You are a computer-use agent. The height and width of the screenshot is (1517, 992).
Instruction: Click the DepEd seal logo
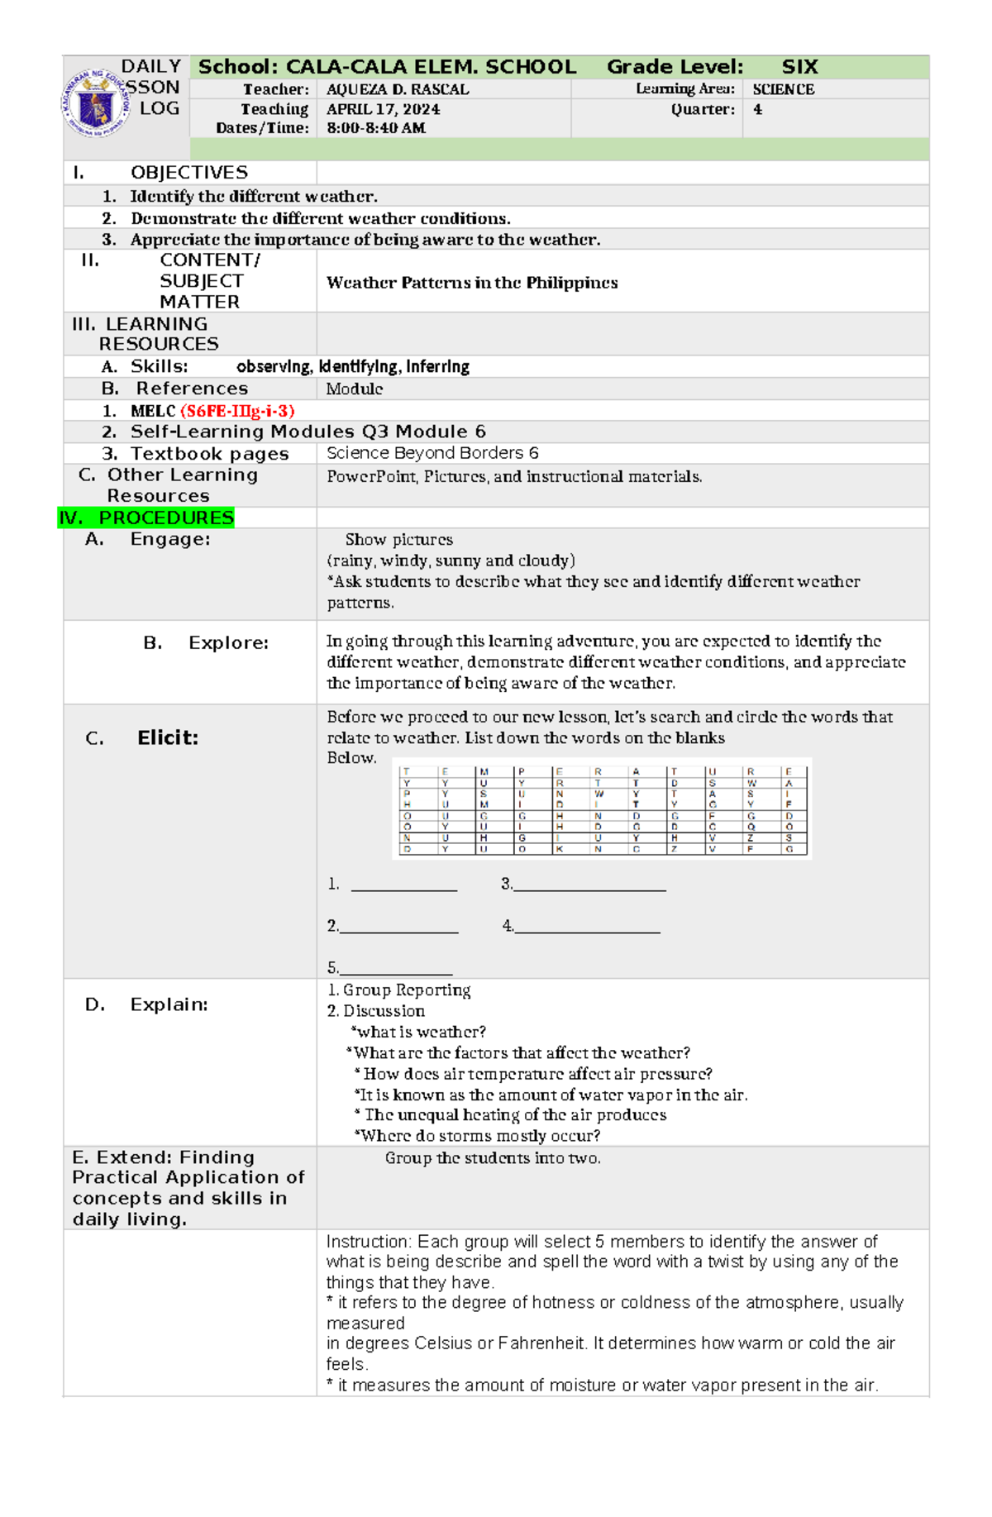(96, 103)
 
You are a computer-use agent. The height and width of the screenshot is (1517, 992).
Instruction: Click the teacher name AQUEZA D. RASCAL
(398, 89)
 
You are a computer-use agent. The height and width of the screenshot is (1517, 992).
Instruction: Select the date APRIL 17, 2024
(383, 109)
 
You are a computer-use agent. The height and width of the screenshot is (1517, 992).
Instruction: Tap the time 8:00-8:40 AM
(376, 128)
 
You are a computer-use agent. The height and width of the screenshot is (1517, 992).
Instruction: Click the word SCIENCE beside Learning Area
(783, 89)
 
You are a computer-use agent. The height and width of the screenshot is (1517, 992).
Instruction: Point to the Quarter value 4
(757, 109)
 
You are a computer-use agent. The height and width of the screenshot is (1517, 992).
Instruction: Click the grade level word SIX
(799, 67)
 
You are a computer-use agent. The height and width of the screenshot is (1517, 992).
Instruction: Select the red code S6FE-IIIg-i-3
(237, 411)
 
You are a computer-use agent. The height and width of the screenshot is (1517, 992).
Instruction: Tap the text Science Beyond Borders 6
(432, 453)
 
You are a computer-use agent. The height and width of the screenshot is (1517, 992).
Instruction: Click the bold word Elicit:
(168, 737)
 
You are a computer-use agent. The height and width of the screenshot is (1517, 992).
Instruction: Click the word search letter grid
(602, 809)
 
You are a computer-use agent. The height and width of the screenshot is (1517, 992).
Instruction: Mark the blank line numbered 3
(589, 887)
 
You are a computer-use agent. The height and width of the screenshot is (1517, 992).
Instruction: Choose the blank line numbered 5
(395, 971)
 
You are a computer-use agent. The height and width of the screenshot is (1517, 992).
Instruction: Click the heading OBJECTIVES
(188, 172)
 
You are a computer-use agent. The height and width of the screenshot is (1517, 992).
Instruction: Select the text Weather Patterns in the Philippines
(472, 283)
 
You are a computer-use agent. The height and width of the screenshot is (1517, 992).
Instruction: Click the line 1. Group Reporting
(399, 990)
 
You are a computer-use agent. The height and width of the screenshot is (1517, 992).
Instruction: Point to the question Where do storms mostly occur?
(477, 1136)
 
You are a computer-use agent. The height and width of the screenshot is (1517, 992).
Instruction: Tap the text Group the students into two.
(493, 1158)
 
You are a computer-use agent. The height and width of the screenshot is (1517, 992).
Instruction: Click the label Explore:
(228, 643)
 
